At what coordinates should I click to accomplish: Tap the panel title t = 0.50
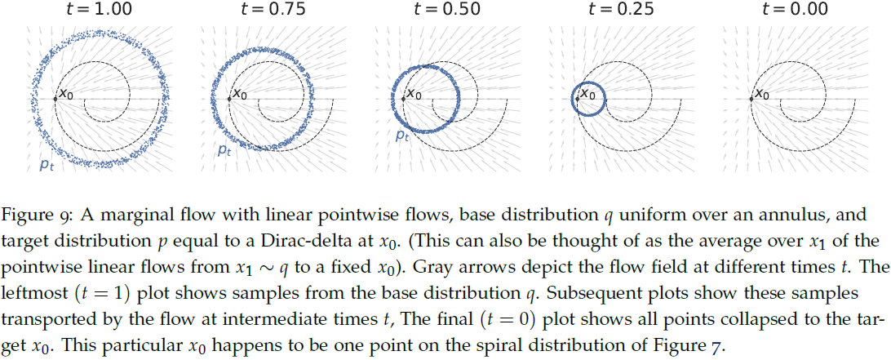[x=444, y=10]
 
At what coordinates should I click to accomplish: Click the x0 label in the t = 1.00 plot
[x=68, y=94]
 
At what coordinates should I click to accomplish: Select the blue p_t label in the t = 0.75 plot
[x=224, y=149]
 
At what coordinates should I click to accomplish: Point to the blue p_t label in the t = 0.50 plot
[x=402, y=136]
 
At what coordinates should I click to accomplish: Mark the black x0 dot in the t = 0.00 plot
[x=751, y=100]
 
